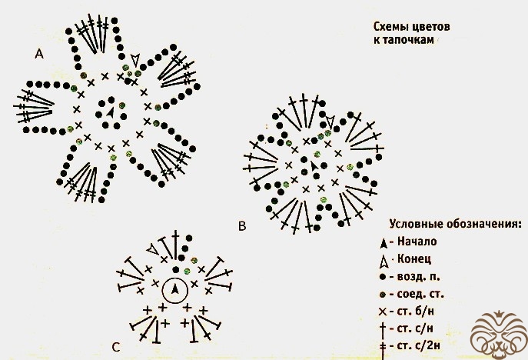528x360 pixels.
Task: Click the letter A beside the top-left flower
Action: [39, 54]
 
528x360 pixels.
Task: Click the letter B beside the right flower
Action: [242, 225]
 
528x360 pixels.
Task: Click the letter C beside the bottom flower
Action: [116, 347]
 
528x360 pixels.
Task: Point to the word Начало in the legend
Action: [417, 242]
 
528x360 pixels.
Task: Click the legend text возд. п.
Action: [419, 277]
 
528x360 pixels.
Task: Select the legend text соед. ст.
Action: [420, 294]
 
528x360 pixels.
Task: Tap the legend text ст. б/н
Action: [416, 312]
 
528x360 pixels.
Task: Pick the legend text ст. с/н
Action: [415, 328]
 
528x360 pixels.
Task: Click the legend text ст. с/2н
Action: [419, 346]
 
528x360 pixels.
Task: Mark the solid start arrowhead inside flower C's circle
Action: [174, 289]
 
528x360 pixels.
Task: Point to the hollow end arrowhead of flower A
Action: [135, 60]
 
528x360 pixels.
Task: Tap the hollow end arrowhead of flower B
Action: [330, 122]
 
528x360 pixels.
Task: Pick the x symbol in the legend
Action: [383, 312]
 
